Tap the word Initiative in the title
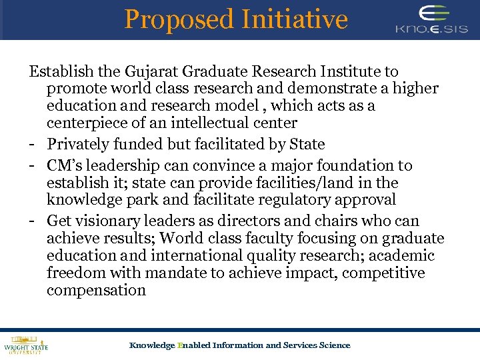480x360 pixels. (293, 19)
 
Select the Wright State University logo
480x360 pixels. (25, 344)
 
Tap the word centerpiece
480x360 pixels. (87, 123)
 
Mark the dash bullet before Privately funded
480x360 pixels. (32, 145)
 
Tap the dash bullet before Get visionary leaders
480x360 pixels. (32, 221)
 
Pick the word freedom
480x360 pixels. (77, 273)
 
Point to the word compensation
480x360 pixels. (96, 291)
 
